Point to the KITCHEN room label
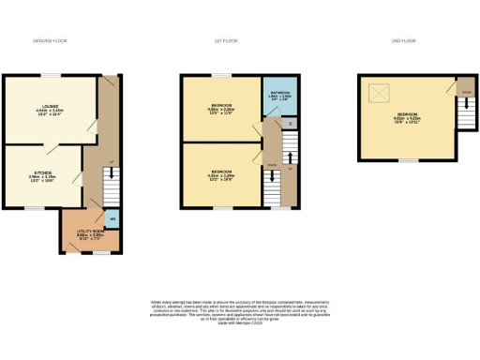point(43,175)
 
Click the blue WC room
point(112,218)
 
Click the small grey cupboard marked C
point(291,124)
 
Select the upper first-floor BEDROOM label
point(222,108)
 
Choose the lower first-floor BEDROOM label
point(222,173)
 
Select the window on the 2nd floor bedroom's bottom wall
point(407,160)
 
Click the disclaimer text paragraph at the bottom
point(239,312)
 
